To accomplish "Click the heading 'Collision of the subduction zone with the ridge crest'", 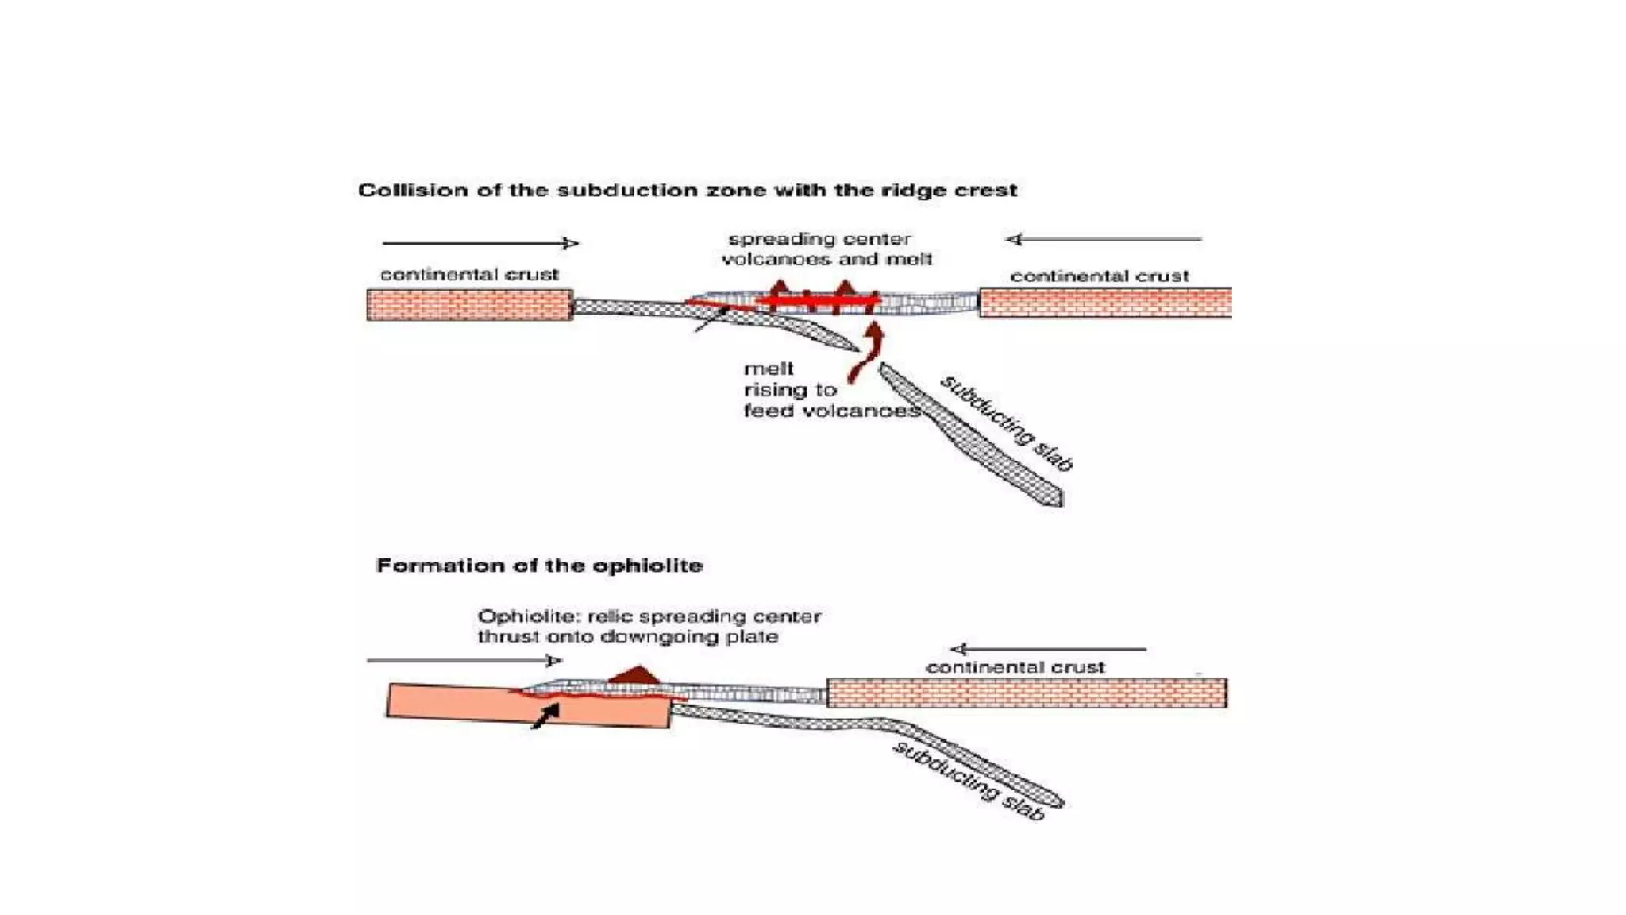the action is click(x=688, y=191).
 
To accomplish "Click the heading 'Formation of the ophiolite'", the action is click(x=539, y=566).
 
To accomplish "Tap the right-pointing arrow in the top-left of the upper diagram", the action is click(x=480, y=243).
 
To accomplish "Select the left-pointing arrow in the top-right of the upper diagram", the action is click(x=1104, y=239).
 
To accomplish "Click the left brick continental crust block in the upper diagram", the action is click(x=469, y=305).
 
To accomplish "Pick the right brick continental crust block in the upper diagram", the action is click(x=1105, y=303).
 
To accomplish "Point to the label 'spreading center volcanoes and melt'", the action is click(x=826, y=249).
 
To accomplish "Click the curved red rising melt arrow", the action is click(x=866, y=353).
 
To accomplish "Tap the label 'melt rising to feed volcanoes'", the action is click(x=831, y=390).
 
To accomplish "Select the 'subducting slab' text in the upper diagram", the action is click(x=1007, y=423).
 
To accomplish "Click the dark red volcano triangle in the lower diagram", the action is click(x=637, y=674).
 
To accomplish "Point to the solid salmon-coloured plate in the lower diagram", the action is click(x=528, y=706).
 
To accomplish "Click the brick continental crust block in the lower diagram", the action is click(x=1027, y=693).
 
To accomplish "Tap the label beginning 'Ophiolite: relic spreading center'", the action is click(x=649, y=627).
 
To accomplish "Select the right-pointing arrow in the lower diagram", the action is click(x=464, y=660).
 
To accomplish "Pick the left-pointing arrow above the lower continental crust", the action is click(x=1048, y=649).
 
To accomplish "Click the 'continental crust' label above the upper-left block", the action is click(x=469, y=275).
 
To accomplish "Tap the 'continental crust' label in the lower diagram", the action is click(x=1015, y=667).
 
